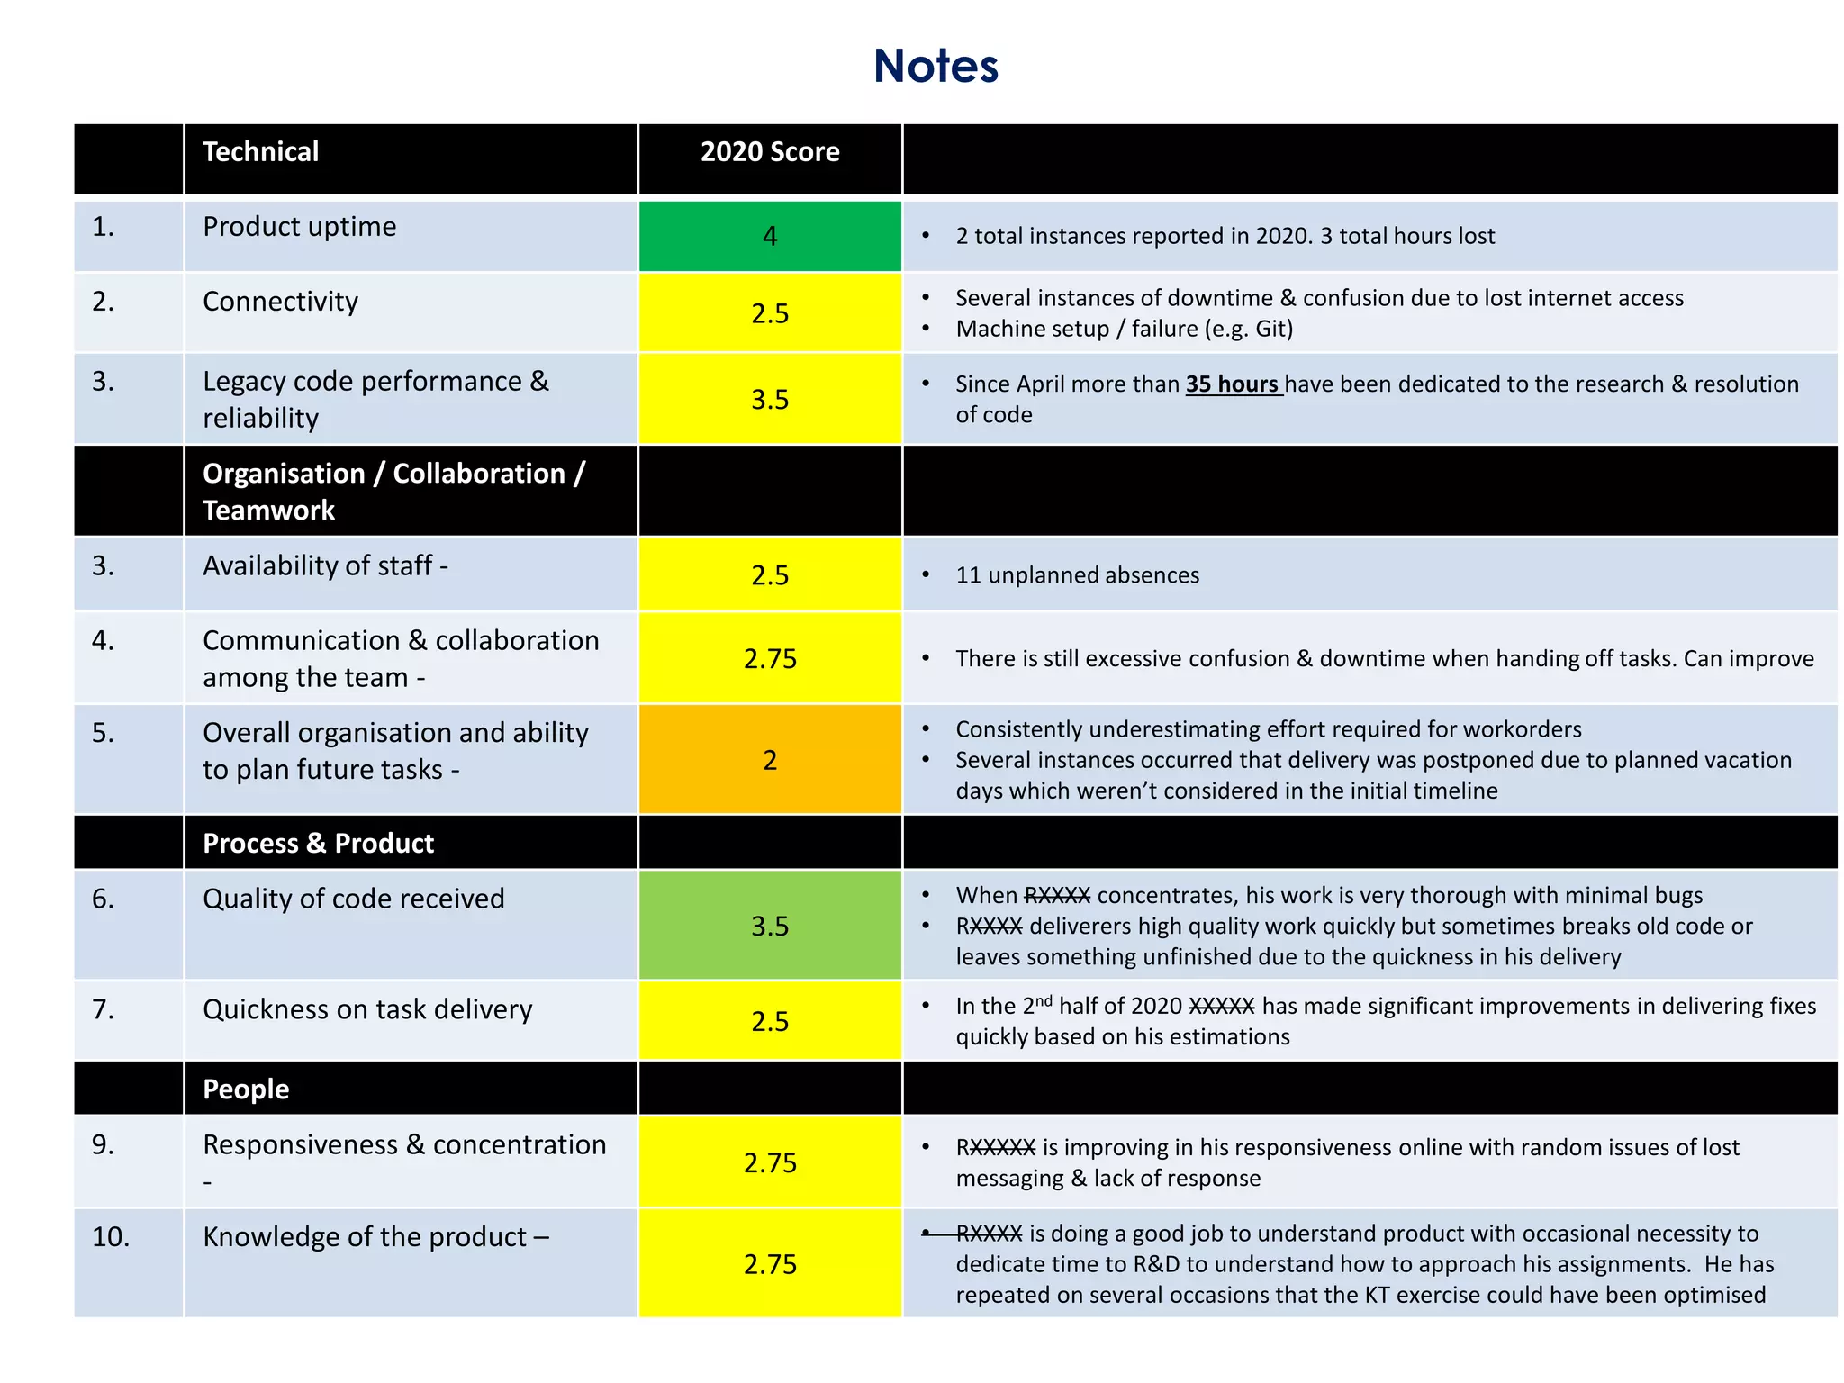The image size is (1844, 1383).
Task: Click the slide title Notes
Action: tap(936, 67)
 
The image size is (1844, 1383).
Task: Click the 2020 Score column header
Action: tap(770, 152)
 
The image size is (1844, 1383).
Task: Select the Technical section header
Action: tap(261, 152)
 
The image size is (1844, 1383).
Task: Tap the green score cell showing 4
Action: tap(770, 236)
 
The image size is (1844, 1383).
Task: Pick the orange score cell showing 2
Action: tap(770, 760)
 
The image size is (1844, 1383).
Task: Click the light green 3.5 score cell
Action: tap(770, 926)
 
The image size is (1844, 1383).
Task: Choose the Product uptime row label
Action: tap(300, 227)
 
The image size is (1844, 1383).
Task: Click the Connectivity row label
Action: tap(281, 302)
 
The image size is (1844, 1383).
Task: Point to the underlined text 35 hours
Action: tap(1233, 384)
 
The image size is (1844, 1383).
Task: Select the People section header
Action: tap(246, 1089)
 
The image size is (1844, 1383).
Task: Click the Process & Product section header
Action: tap(319, 844)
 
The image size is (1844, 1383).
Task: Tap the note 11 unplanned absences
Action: tap(1077, 575)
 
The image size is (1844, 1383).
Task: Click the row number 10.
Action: tap(111, 1237)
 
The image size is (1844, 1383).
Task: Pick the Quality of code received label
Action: tap(354, 899)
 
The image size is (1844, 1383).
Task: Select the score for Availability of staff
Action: tap(770, 575)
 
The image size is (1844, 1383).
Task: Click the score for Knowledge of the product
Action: tap(770, 1264)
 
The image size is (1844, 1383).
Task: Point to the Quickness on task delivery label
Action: tap(367, 1009)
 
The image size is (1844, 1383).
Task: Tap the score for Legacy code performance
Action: tap(770, 399)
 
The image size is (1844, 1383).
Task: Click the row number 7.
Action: tap(104, 1009)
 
